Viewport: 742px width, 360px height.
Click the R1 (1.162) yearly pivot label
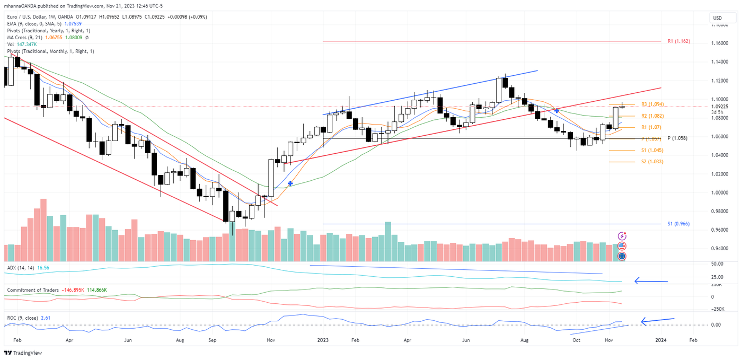tap(678, 41)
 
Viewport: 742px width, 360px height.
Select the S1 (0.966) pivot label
tap(678, 224)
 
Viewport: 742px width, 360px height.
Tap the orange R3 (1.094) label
tap(652, 104)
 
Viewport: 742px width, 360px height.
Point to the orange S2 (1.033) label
tap(652, 162)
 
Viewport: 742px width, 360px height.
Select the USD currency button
tap(718, 18)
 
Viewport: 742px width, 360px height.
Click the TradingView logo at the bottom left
tap(23, 353)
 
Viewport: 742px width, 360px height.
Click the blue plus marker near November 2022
tap(290, 183)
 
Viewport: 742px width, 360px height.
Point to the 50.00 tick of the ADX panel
tap(718, 264)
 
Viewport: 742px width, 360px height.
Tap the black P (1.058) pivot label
tap(677, 138)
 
